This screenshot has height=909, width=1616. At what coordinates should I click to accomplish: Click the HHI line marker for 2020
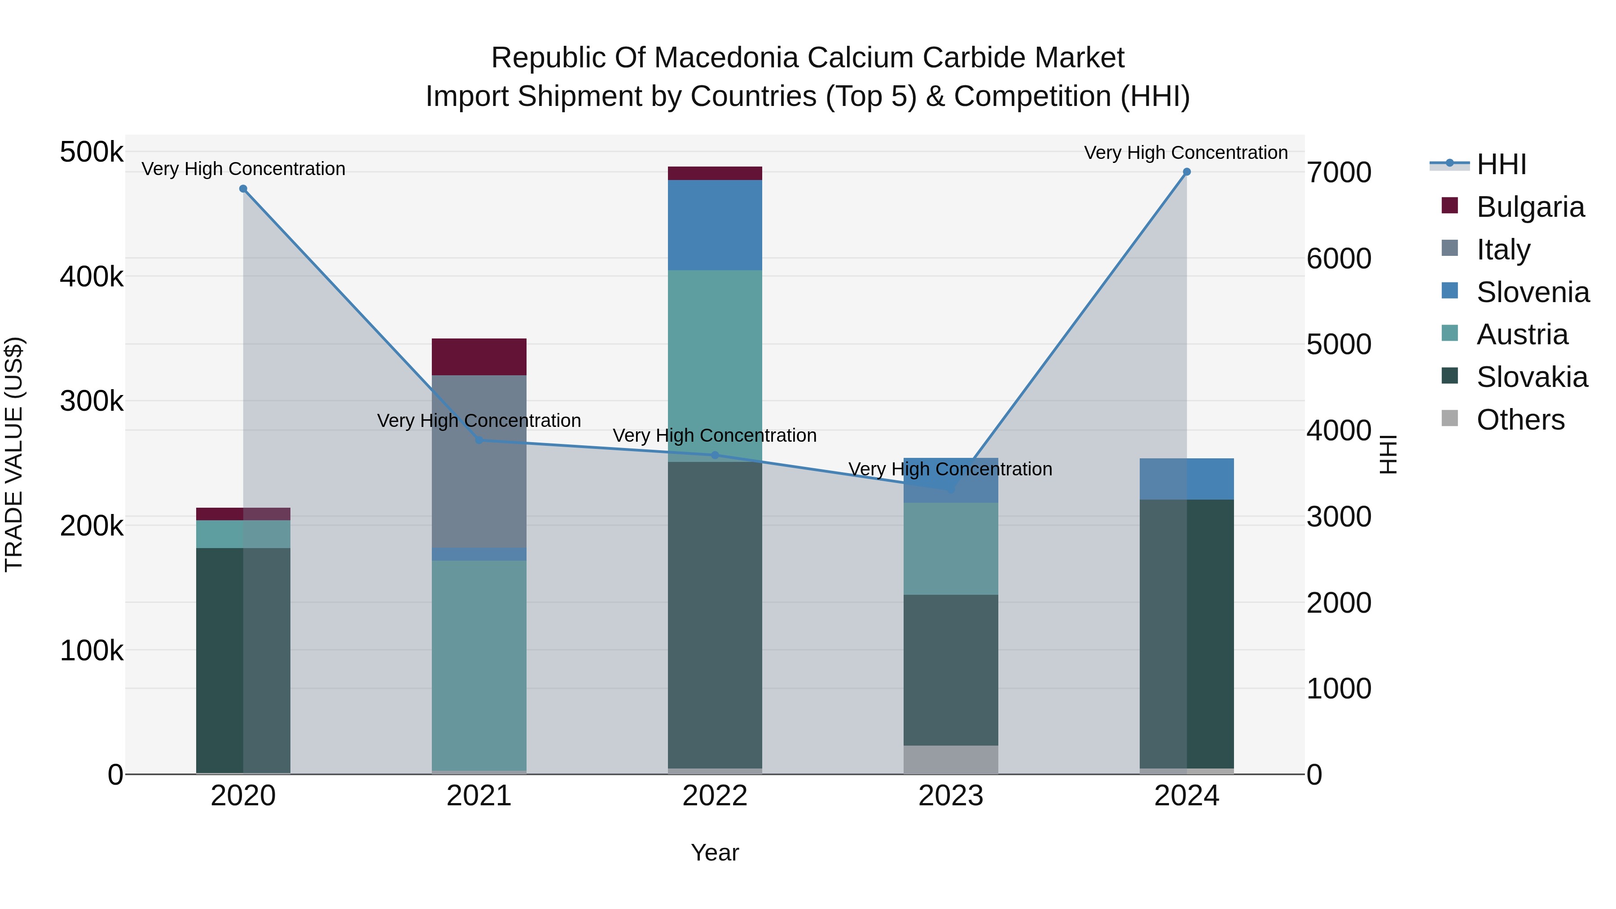(x=243, y=189)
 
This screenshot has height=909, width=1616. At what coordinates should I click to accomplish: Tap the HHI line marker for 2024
(x=1186, y=172)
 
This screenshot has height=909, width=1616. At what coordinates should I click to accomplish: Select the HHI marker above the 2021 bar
(x=479, y=440)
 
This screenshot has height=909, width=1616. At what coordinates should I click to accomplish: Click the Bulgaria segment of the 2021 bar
(x=479, y=357)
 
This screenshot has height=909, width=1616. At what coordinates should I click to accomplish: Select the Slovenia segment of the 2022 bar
(x=715, y=225)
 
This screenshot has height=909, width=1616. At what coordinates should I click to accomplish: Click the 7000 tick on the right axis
(x=1339, y=172)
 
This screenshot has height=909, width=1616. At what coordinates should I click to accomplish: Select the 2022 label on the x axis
(x=715, y=796)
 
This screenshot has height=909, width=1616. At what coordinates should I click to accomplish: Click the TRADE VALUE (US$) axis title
(x=14, y=454)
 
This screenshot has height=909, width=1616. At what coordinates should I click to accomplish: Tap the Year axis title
(x=715, y=852)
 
